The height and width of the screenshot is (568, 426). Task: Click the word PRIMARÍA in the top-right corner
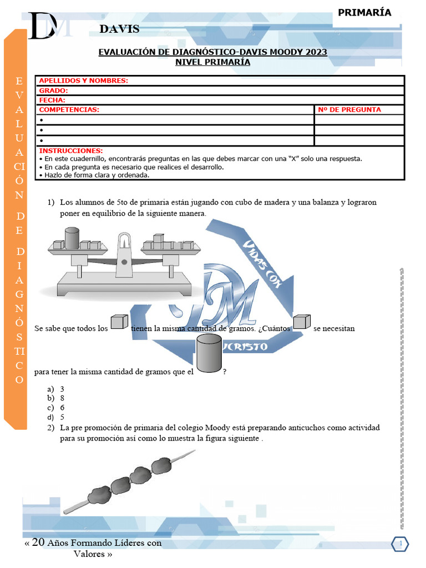pyautogui.click(x=364, y=13)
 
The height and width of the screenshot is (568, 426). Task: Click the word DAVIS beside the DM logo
pyautogui.click(x=120, y=29)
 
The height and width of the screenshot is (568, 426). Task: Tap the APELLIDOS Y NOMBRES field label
pyautogui.click(x=83, y=80)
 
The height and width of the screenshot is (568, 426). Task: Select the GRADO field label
pyautogui.click(x=53, y=90)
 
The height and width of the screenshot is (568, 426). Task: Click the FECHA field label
pyautogui.click(x=52, y=100)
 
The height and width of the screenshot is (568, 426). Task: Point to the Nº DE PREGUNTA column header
pyautogui.click(x=349, y=110)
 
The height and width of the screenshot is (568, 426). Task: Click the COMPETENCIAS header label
pyautogui.click(x=69, y=110)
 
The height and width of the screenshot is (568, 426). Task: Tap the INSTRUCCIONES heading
pyautogui.click(x=71, y=151)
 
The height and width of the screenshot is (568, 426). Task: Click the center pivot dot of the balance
pyautogui.click(x=124, y=261)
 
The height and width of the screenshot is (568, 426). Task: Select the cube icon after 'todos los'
pyautogui.click(x=119, y=322)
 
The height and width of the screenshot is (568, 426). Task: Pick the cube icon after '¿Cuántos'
pyautogui.click(x=301, y=322)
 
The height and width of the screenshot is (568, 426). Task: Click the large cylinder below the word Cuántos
pyautogui.click(x=209, y=353)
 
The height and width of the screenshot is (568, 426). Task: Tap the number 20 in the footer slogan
pyautogui.click(x=38, y=542)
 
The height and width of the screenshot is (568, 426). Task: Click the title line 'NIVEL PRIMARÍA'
pyautogui.click(x=212, y=62)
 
